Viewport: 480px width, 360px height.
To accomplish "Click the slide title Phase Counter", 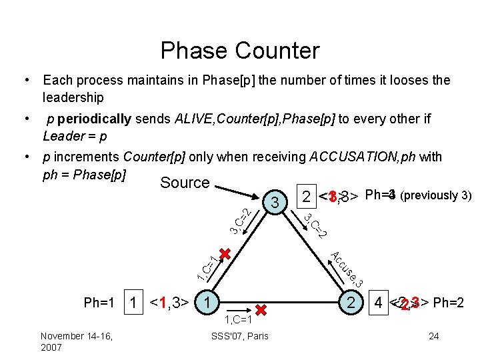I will point(240,51).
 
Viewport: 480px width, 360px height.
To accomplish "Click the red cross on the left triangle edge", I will point(225,254).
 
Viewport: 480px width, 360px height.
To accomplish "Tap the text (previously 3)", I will point(436,195).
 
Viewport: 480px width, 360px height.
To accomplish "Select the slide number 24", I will point(433,335).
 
